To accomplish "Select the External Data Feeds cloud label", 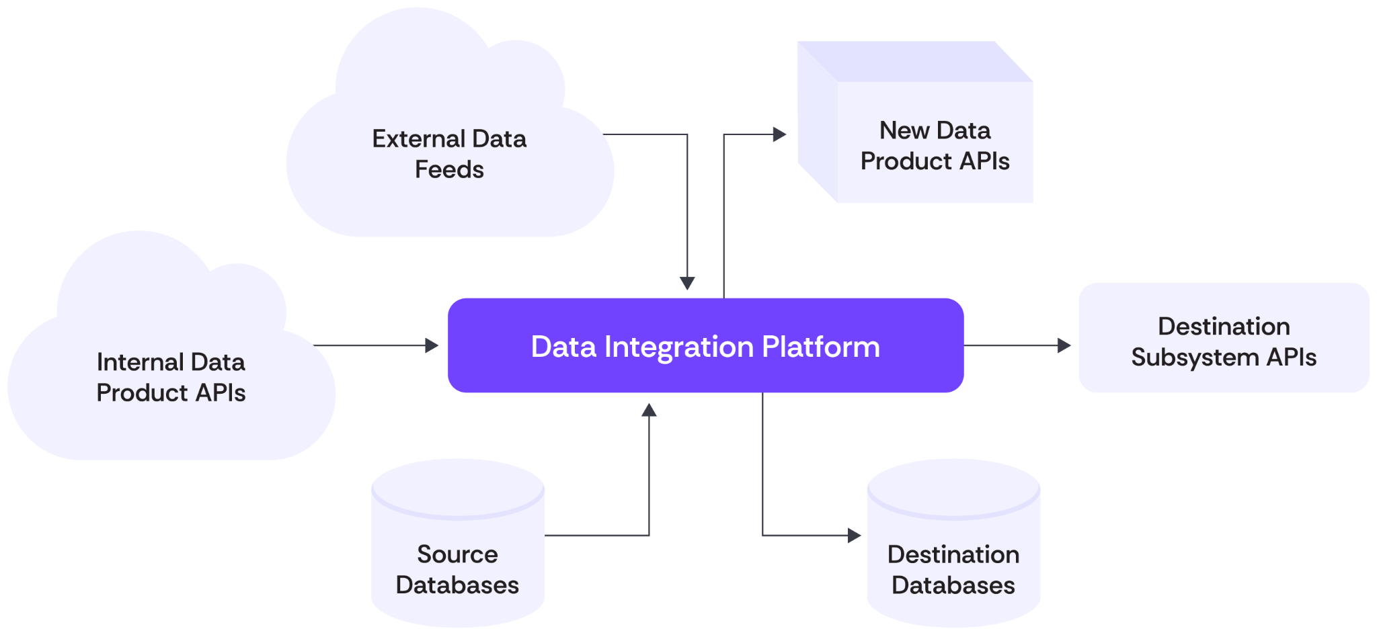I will click(x=449, y=154).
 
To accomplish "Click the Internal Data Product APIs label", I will click(x=171, y=377).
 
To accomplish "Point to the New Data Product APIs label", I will click(x=935, y=146).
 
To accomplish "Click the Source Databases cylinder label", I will click(x=457, y=569).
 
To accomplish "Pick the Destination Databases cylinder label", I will click(x=953, y=569).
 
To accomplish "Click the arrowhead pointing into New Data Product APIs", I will click(x=780, y=134).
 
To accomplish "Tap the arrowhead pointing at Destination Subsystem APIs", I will click(x=1064, y=345).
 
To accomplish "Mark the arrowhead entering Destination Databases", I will click(x=855, y=536).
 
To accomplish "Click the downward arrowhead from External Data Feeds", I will click(x=687, y=283).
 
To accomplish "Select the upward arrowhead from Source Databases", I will click(x=649, y=410).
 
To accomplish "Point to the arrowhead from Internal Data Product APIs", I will click(x=432, y=345).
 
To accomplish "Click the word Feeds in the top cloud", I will click(x=449, y=169).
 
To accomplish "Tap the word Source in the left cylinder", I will click(x=457, y=554).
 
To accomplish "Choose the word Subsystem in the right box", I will click(x=1194, y=357).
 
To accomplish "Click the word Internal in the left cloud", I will click(x=140, y=362).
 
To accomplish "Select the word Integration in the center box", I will click(x=679, y=347).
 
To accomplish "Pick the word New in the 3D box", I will click(x=904, y=130).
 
